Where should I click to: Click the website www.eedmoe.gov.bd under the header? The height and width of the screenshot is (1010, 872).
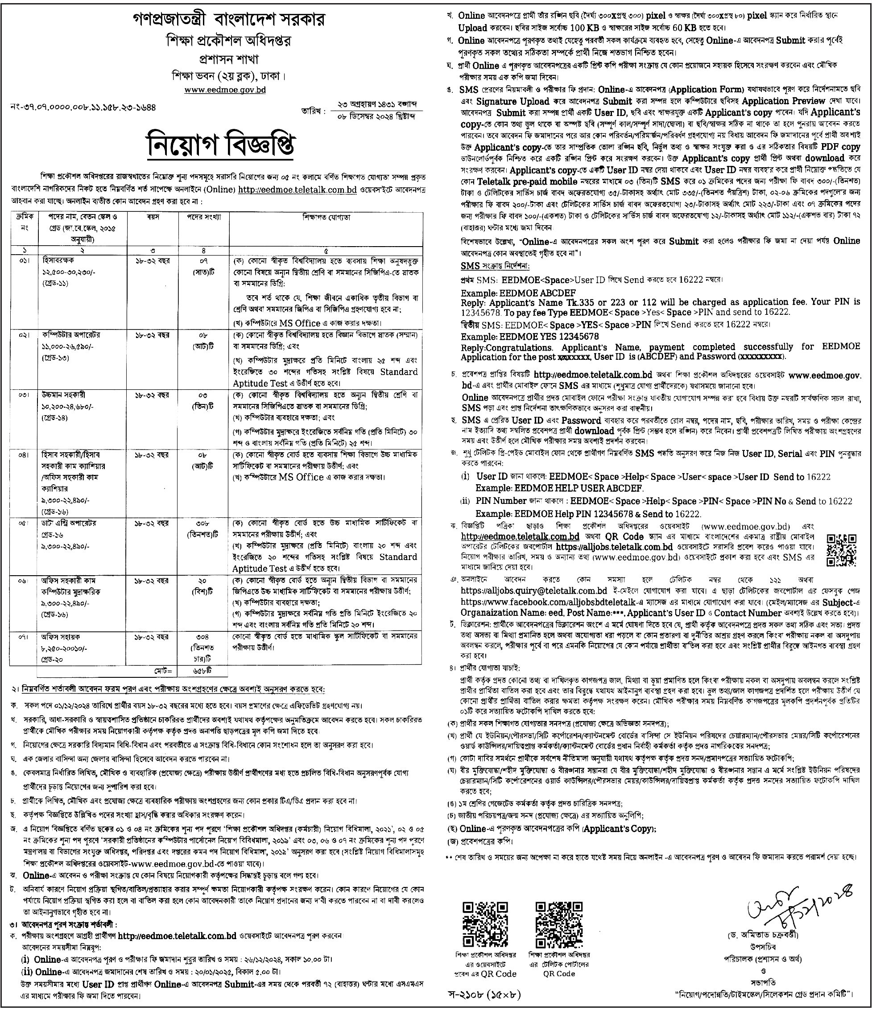pyautogui.click(x=225, y=90)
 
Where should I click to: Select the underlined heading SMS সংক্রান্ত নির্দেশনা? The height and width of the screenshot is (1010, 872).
pyautogui.click(x=495, y=266)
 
